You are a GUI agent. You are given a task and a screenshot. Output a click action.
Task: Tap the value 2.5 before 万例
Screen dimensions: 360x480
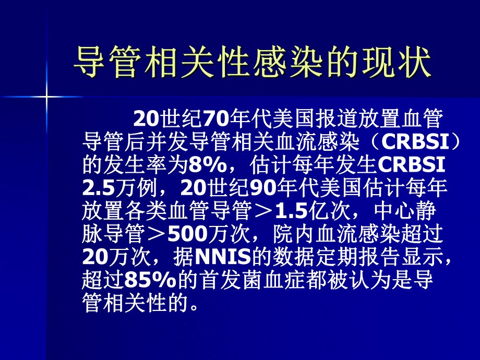[97, 188]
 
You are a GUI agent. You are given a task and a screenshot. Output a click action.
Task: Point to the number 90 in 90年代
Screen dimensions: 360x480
[265, 188]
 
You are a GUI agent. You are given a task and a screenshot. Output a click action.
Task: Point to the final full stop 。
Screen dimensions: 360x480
[194, 304]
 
